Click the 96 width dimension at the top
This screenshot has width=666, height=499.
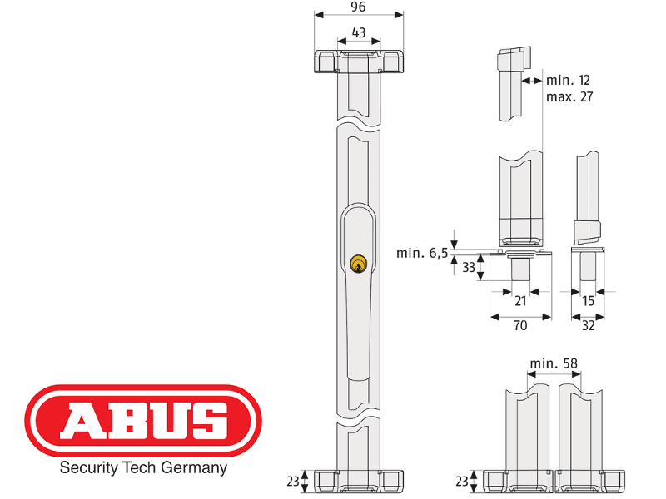click(359, 7)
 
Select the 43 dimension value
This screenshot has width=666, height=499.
click(359, 32)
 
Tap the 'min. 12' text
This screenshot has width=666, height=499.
click(569, 81)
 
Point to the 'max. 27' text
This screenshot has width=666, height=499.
click(570, 96)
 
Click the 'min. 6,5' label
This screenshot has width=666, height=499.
click(421, 252)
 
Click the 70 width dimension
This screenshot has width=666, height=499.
click(520, 326)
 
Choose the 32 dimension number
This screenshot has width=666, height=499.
click(588, 326)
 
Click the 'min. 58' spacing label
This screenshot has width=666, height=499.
click(554, 363)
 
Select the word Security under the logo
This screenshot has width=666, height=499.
click(87, 468)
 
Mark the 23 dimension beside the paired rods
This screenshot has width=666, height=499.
click(462, 480)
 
